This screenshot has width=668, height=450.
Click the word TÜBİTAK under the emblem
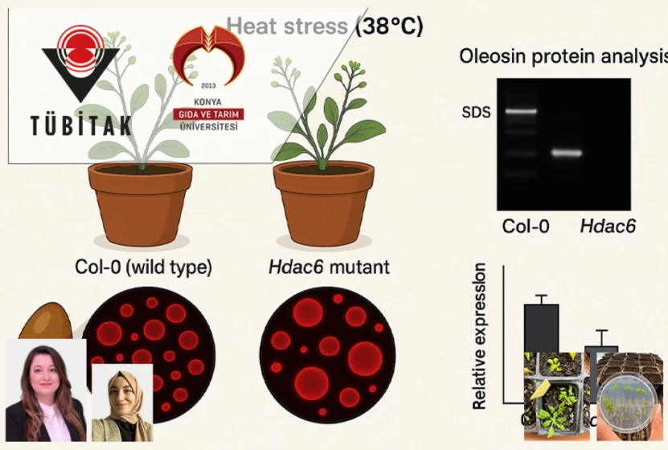[x=80, y=126]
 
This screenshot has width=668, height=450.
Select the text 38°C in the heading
[x=389, y=26]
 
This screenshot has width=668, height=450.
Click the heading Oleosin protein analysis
[x=563, y=56]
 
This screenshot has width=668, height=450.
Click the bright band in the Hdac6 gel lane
[x=567, y=152]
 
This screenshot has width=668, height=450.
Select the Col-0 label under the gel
[x=526, y=227]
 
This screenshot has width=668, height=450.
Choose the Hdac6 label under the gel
[x=608, y=227]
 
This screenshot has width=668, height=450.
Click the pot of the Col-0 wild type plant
[x=140, y=205]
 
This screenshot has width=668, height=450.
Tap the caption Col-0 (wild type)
[x=142, y=267]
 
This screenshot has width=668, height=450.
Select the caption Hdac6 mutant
[x=329, y=267]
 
